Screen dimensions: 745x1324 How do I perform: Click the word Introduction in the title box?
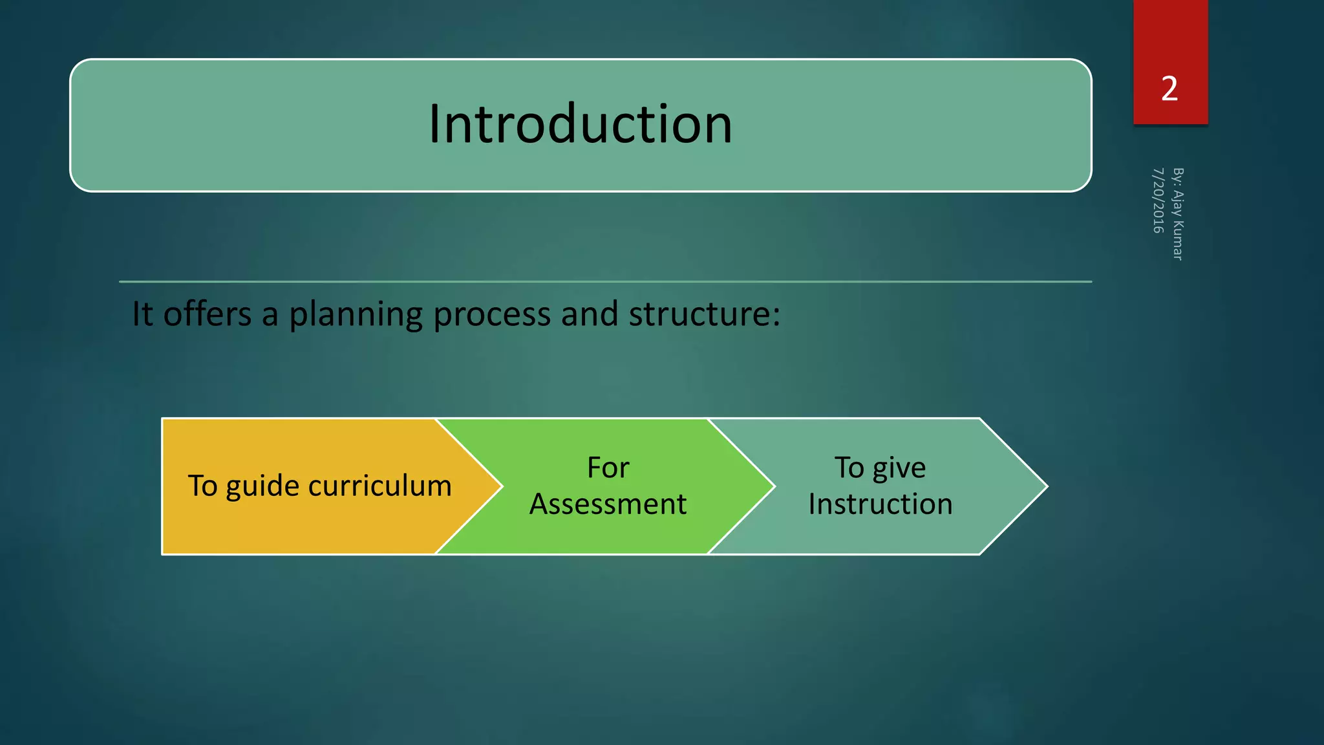(581, 124)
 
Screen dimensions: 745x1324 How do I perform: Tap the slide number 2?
(1169, 89)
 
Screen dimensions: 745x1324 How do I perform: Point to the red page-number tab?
(1170, 39)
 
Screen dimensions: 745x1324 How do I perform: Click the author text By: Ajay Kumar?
(1178, 214)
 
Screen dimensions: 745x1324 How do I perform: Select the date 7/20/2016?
(1158, 200)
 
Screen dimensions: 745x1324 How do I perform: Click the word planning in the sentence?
(355, 315)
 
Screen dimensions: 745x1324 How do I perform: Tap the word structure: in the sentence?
(704, 314)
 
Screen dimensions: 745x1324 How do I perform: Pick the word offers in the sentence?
(207, 314)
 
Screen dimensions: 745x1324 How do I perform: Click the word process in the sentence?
(493, 315)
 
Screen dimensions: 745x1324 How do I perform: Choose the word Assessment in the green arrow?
(608, 504)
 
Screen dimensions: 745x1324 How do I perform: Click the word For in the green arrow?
(608, 468)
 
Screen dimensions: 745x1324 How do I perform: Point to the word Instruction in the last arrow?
(880, 504)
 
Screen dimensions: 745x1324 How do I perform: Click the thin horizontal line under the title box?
(605, 282)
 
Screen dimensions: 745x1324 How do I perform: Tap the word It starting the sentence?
(142, 314)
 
